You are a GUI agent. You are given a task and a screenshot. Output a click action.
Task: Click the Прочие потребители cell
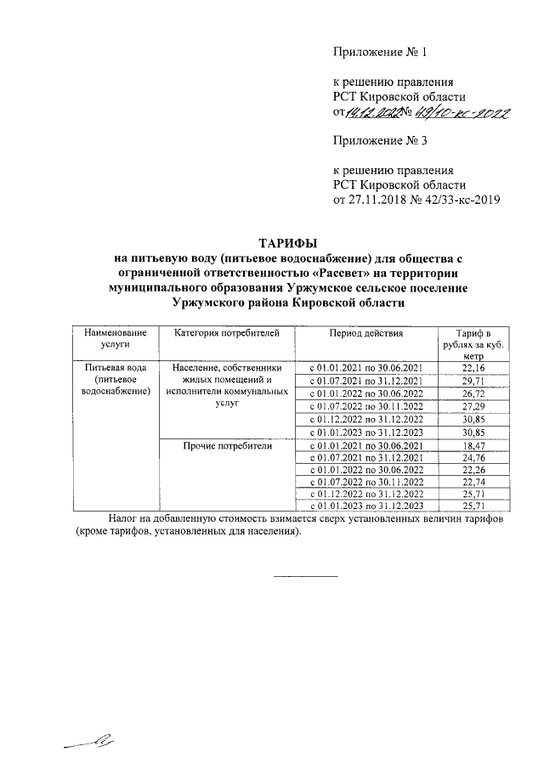pyautogui.click(x=226, y=445)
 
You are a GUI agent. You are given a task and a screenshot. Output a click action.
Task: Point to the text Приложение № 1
pyautogui.click(x=378, y=54)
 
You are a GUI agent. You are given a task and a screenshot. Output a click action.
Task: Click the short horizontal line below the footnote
pyautogui.click(x=304, y=577)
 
